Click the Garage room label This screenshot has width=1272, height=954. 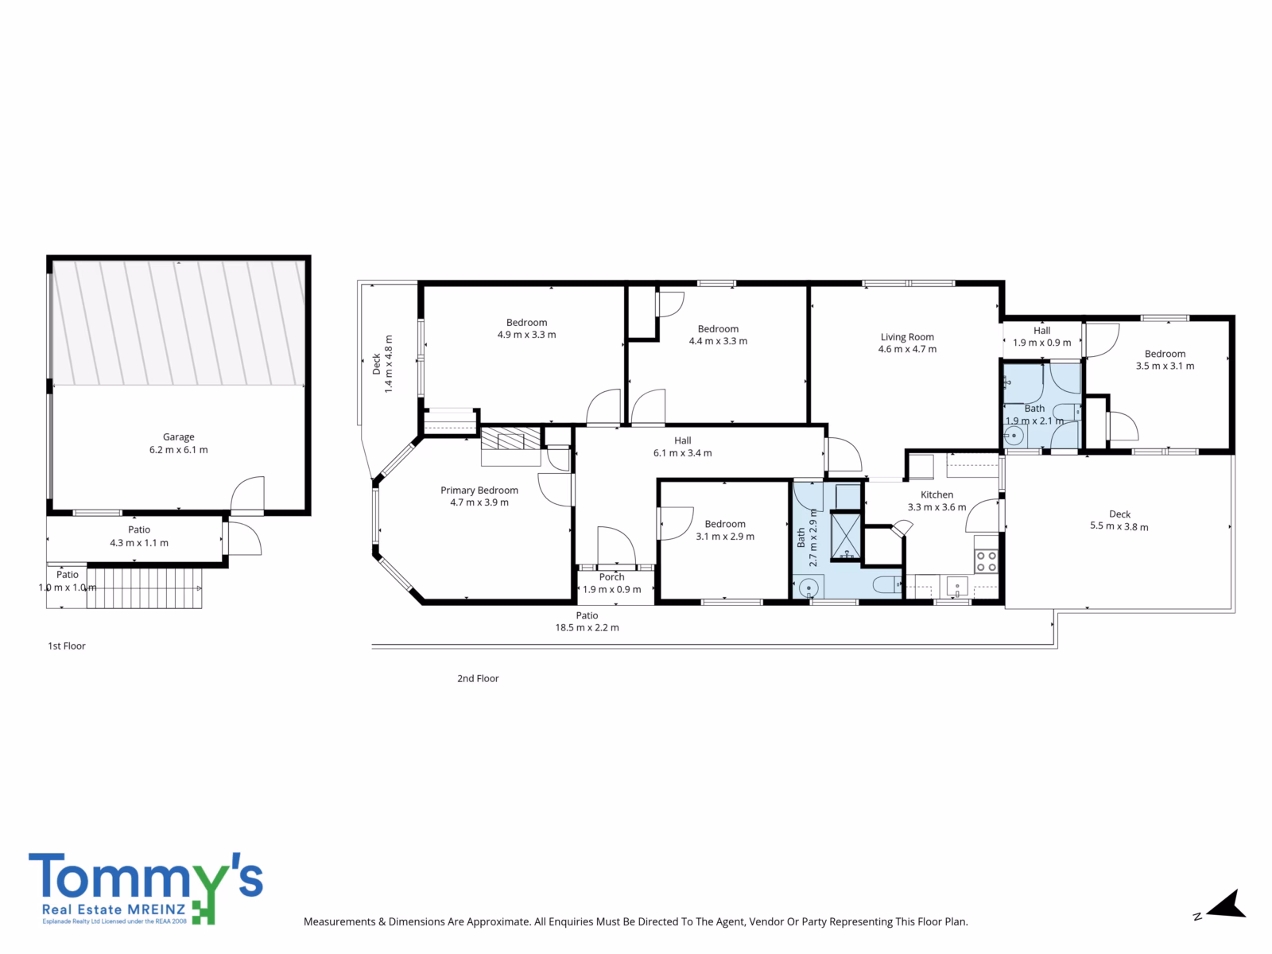(x=179, y=436)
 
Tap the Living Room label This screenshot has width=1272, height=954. (x=907, y=336)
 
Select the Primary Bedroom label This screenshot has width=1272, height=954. (x=479, y=490)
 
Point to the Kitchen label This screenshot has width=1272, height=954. (x=937, y=494)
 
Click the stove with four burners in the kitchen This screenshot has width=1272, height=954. (x=986, y=560)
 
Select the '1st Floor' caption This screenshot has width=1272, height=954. (x=67, y=646)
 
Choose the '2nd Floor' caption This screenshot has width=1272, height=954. (x=478, y=678)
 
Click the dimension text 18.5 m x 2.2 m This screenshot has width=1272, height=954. (x=587, y=627)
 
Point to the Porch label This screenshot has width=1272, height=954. (x=612, y=577)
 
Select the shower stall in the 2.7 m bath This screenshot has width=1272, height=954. (x=846, y=537)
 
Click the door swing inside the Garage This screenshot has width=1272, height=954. (x=247, y=494)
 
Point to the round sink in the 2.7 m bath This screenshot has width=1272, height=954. (x=808, y=588)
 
